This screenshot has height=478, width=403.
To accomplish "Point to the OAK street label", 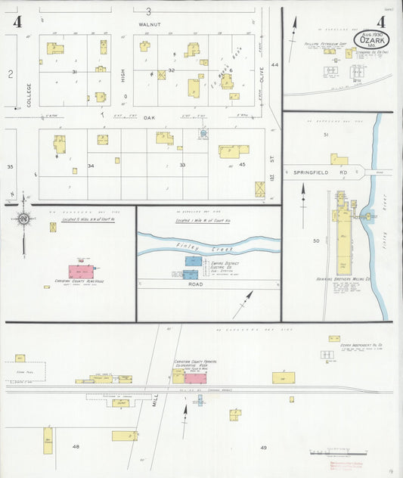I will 150,118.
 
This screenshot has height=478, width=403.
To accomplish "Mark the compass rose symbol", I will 23,219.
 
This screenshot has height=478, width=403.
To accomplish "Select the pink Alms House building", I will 82,271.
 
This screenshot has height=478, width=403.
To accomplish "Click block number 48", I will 76,447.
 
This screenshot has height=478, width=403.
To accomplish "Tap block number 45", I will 242,164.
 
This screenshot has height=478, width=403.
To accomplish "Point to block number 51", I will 326,134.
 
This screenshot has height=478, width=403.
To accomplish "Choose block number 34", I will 91,165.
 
